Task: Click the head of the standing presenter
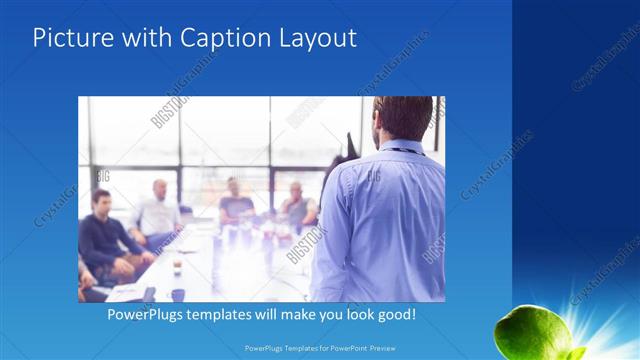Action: pos(403,119)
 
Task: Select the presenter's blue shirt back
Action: pos(385,220)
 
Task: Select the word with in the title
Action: pos(146,39)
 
